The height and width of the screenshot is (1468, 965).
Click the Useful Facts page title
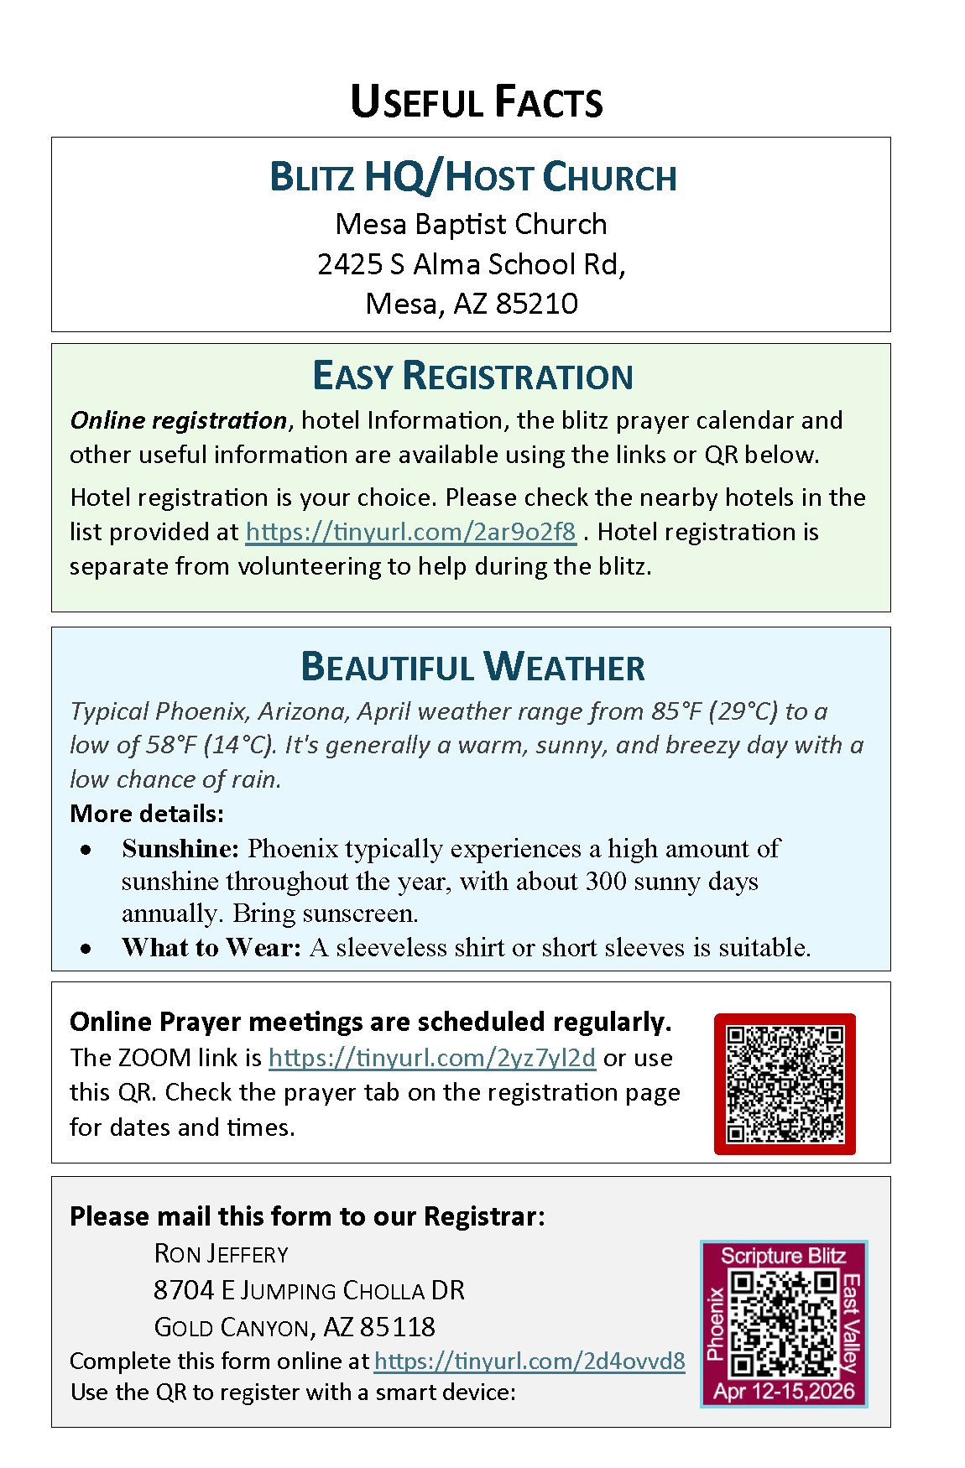pyautogui.click(x=476, y=102)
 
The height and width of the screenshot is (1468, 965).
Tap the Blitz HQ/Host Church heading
pyautogui.click(x=472, y=177)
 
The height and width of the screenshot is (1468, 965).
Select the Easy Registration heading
pyautogui.click(x=472, y=376)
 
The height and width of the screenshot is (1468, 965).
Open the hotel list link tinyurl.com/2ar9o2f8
pyautogui.click(x=410, y=532)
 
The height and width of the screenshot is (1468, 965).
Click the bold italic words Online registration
pyautogui.click(x=178, y=420)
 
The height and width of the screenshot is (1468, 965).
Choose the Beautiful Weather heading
pyautogui.click(x=472, y=667)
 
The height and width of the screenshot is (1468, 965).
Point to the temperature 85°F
pyautogui.click(x=676, y=711)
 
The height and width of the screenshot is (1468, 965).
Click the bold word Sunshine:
pyautogui.click(x=180, y=849)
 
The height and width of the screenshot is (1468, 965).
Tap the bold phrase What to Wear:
pyautogui.click(x=211, y=948)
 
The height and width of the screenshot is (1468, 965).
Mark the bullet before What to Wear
pyautogui.click(x=86, y=949)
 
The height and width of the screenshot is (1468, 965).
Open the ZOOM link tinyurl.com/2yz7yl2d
pyautogui.click(x=431, y=1058)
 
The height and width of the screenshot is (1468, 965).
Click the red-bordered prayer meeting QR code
pyautogui.click(x=785, y=1084)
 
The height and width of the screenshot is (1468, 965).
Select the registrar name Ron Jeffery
pyautogui.click(x=221, y=1254)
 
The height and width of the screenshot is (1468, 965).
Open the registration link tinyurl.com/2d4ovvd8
pyautogui.click(x=529, y=1361)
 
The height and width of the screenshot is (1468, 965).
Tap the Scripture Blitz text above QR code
pyautogui.click(x=783, y=1256)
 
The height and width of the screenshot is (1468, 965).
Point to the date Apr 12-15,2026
pyautogui.click(x=784, y=1392)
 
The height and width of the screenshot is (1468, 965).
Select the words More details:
pyautogui.click(x=147, y=814)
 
